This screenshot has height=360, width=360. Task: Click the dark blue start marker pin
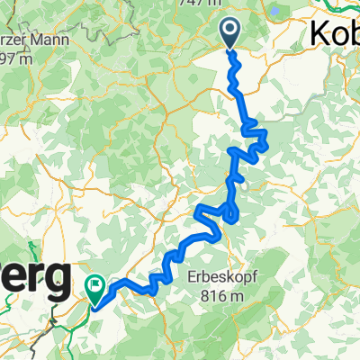229,33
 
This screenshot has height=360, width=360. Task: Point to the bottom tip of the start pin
229,50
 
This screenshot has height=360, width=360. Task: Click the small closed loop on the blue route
232,212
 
